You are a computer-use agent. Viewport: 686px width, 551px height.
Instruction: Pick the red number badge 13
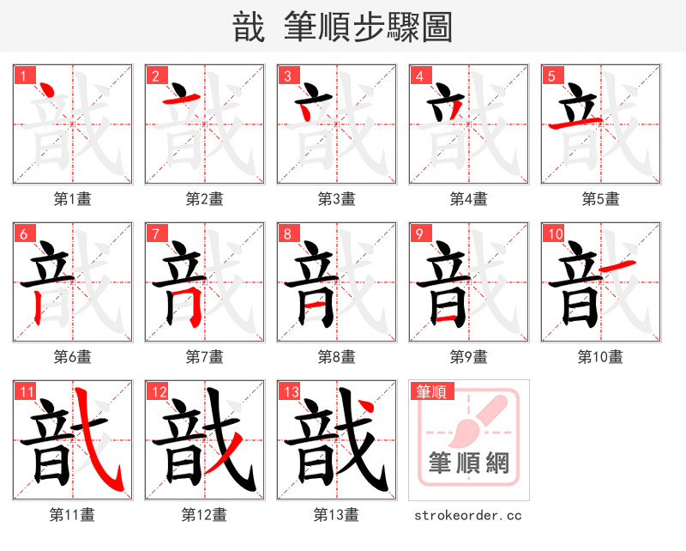[x=291, y=391]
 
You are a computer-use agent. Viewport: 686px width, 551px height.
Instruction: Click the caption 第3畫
[x=336, y=199]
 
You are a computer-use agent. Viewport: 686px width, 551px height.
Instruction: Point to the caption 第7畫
[x=204, y=356]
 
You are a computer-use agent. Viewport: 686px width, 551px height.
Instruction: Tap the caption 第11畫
[x=72, y=515]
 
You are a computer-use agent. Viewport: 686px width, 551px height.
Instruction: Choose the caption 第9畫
[x=468, y=356]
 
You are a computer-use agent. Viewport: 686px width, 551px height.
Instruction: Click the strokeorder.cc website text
[x=468, y=516]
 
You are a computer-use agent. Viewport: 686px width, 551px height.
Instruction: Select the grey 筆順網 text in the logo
[x=468, y=464]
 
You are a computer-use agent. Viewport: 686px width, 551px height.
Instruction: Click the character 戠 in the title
[x=249, y=27]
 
